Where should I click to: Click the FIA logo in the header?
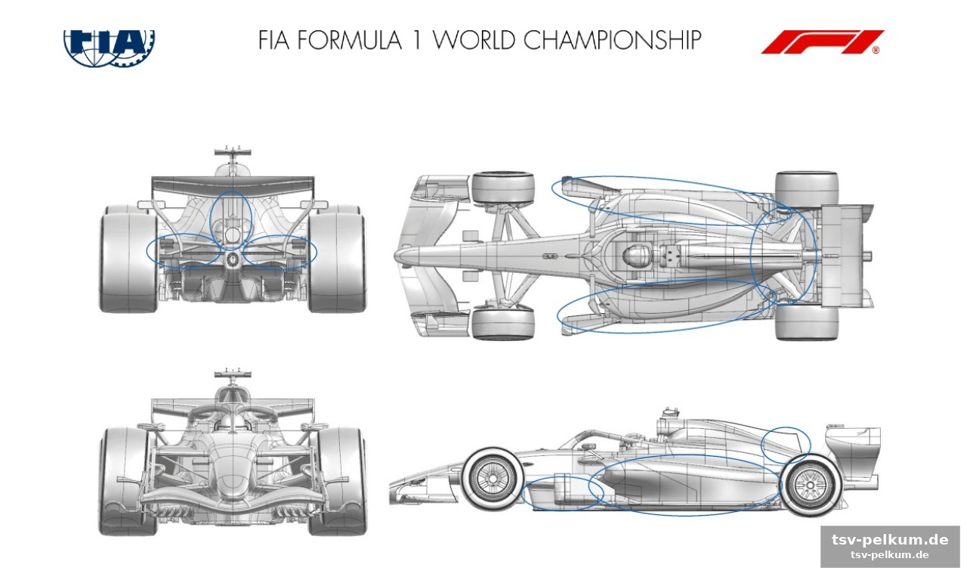[x=110, y=48]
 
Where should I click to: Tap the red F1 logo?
[x=823, y=42]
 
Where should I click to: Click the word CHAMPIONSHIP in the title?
[x=612, y=40]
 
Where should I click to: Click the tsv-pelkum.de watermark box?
[x=890, y=546]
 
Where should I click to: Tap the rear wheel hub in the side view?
[x=811, y=485]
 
